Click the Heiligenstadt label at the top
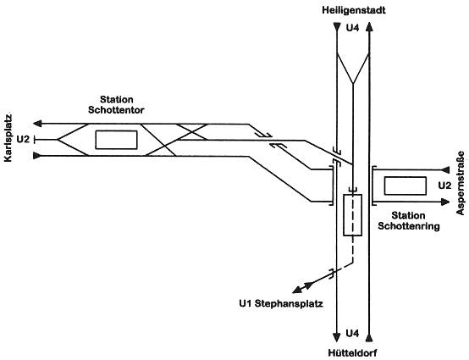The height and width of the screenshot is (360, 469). [x=354, y=10]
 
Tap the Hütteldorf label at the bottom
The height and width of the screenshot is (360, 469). [x=352, y=353]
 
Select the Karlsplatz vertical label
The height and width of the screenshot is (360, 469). [x=8, y=138]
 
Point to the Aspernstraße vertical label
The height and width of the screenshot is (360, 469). [x=461, y=183]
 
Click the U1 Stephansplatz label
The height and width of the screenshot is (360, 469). [x=281, y=304]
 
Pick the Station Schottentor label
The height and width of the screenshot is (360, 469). [x=116, y=105]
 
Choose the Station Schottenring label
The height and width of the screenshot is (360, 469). [x=409, y=221]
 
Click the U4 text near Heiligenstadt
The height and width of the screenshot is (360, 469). [x=352, y=28]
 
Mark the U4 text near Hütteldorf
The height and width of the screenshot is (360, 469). [x=352, y=333]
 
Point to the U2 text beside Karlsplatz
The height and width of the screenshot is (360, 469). [x=24, y=139]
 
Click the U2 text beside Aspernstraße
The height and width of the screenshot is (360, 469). [x=444, y=186]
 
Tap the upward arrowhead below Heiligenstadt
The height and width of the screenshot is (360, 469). [x=370, y=27]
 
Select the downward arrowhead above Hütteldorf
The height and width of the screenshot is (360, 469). [x=337, y=337]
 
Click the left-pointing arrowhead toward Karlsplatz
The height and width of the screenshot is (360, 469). [x=37, y=124]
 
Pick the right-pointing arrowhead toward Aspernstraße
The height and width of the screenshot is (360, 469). [x=445, y=202]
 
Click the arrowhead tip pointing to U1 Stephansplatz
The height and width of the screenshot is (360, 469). [x=292, y=292]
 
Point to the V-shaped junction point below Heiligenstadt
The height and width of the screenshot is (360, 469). [x=353, y=84]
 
